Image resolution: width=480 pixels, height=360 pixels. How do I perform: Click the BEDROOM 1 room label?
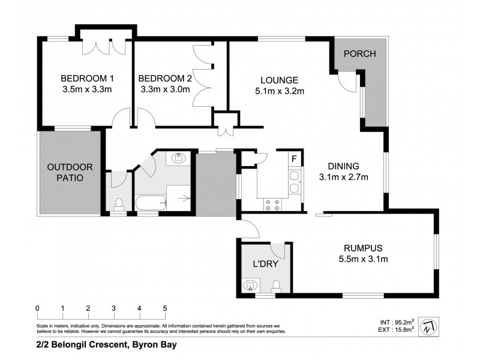pyautogui.click(x=88, y=79)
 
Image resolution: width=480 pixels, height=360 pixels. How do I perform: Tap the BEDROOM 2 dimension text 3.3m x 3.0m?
pyautogui.click(x=164, y=90)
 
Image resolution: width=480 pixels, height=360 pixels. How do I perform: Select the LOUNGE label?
pyautogui.click(x=280, y=80)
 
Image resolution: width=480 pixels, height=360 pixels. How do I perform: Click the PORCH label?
pyautogui.click(x=359, y=54)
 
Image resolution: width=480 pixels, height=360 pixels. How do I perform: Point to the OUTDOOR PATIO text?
pyautogui.click(x=69, y=172)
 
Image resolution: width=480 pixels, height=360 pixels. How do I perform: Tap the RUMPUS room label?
pyautogui.click(x=364, y=248)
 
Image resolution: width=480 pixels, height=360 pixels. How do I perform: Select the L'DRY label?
pyautogui.click(x=265, y=264)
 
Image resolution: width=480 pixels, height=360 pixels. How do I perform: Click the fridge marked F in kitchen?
pyautogui.click(x=294, y=159)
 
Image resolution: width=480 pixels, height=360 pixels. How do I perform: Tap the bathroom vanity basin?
pyautogui.click(x=179, y=159)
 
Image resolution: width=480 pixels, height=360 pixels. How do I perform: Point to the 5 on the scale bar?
pyautogui.click(x=164, y=309)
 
